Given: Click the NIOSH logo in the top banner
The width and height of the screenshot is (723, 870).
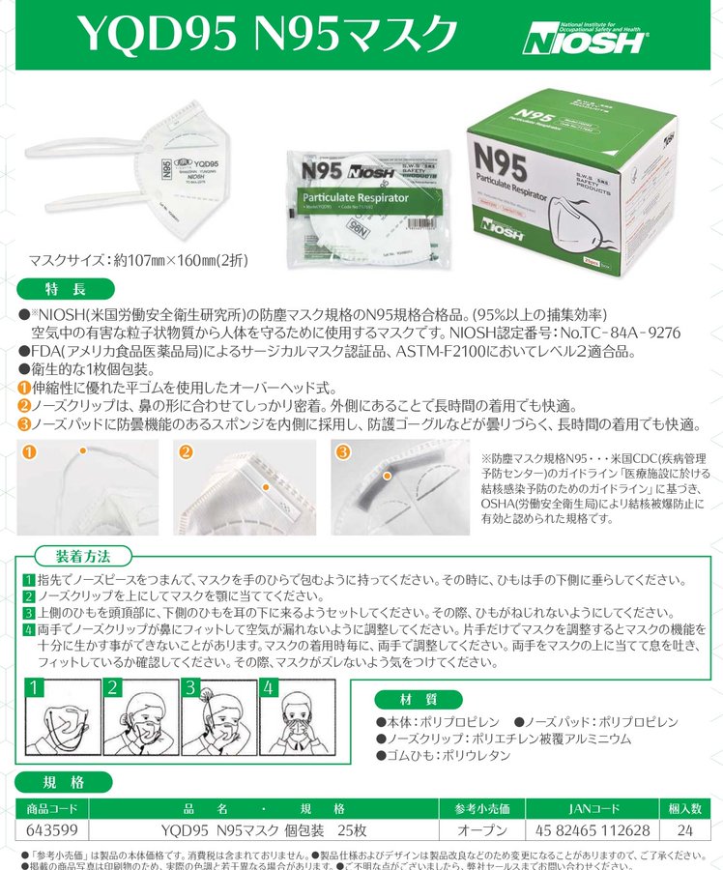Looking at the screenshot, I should (x=586, y=37).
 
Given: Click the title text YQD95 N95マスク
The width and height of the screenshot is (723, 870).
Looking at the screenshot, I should (x=267, y=35).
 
